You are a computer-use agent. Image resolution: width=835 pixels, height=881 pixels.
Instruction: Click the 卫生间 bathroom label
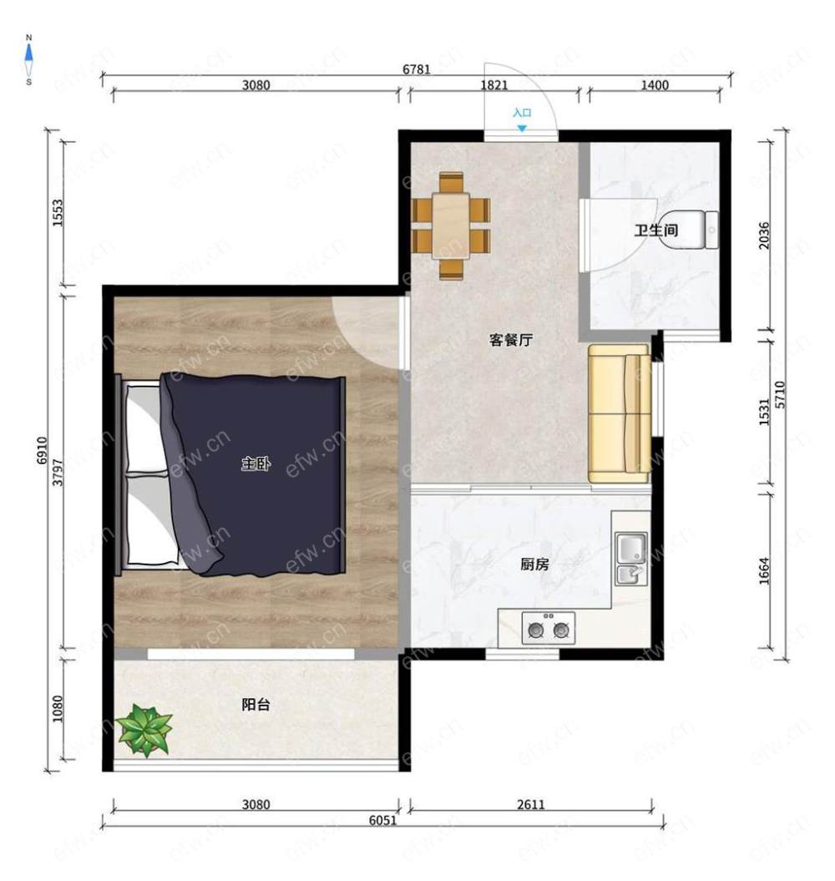(x=655, y=230)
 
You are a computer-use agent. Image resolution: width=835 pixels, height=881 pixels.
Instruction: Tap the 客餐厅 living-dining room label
(x=510, y=339)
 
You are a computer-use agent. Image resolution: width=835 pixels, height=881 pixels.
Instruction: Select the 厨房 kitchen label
(x=534, y=564)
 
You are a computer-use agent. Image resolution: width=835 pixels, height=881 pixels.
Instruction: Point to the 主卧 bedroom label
(x=256, y=463)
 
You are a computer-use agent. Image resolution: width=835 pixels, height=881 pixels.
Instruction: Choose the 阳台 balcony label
(x=256, y=704)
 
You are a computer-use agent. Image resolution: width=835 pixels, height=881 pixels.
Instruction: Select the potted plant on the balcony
(x=145, y=730)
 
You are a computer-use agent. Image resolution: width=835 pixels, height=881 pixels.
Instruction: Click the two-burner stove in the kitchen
(x=549, y=628)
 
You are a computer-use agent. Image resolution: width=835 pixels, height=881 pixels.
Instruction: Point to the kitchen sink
(x=631, y=559)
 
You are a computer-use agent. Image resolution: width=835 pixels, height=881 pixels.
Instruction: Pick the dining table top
(x=451, y=225)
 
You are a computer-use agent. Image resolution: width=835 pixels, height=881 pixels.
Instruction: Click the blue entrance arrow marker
(x=522, y=129)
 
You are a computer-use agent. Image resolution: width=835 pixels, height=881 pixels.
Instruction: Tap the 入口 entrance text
(x=522, y=113)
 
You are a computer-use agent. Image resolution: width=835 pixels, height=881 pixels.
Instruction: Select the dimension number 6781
(x=417, y=69)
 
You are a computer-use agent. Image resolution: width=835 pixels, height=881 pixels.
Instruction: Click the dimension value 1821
(x=494, y=85)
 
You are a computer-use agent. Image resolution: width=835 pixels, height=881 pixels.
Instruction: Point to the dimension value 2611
(x=530, y=804)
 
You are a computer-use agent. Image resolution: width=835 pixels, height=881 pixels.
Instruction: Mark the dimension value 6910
(x=43, y=450)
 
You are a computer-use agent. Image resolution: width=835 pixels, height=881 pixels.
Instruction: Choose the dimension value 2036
(x=764, y=236)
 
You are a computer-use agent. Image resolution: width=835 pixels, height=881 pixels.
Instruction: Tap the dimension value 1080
(x=58, y=709)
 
